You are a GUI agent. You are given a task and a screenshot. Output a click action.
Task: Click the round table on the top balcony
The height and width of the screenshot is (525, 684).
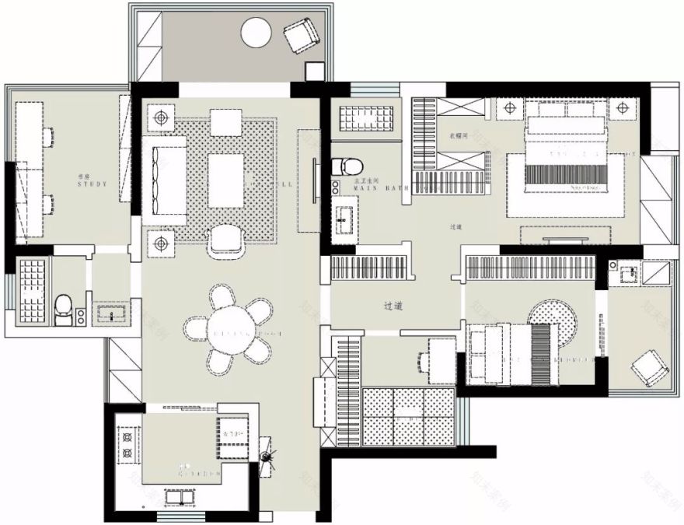click(x=256, y=33)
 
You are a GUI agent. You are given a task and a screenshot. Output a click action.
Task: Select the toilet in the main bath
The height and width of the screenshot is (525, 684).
click(x=347, y=166)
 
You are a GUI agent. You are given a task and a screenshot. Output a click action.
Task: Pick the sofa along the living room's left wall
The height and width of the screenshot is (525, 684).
click(x=164, y=180)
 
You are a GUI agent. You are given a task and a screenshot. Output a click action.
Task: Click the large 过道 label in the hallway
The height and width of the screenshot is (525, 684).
click(x=393, y=306)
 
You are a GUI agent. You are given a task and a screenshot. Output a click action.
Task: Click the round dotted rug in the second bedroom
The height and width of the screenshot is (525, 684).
click(x=553, y=320)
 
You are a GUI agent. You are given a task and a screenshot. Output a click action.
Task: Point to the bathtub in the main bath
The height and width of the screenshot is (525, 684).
click(x=367, y=120)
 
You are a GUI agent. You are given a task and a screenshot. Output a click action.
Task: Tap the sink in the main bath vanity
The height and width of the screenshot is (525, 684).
click(x=343, y=219)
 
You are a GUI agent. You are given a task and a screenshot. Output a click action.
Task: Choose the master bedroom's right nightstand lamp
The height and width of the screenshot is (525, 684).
click(x=623, y=108)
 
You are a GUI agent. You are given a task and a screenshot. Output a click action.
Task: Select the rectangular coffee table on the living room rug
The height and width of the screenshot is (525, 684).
click(x=225, y=180)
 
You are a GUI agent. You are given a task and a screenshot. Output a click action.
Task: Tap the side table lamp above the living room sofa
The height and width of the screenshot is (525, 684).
click(x=162, y=118)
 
